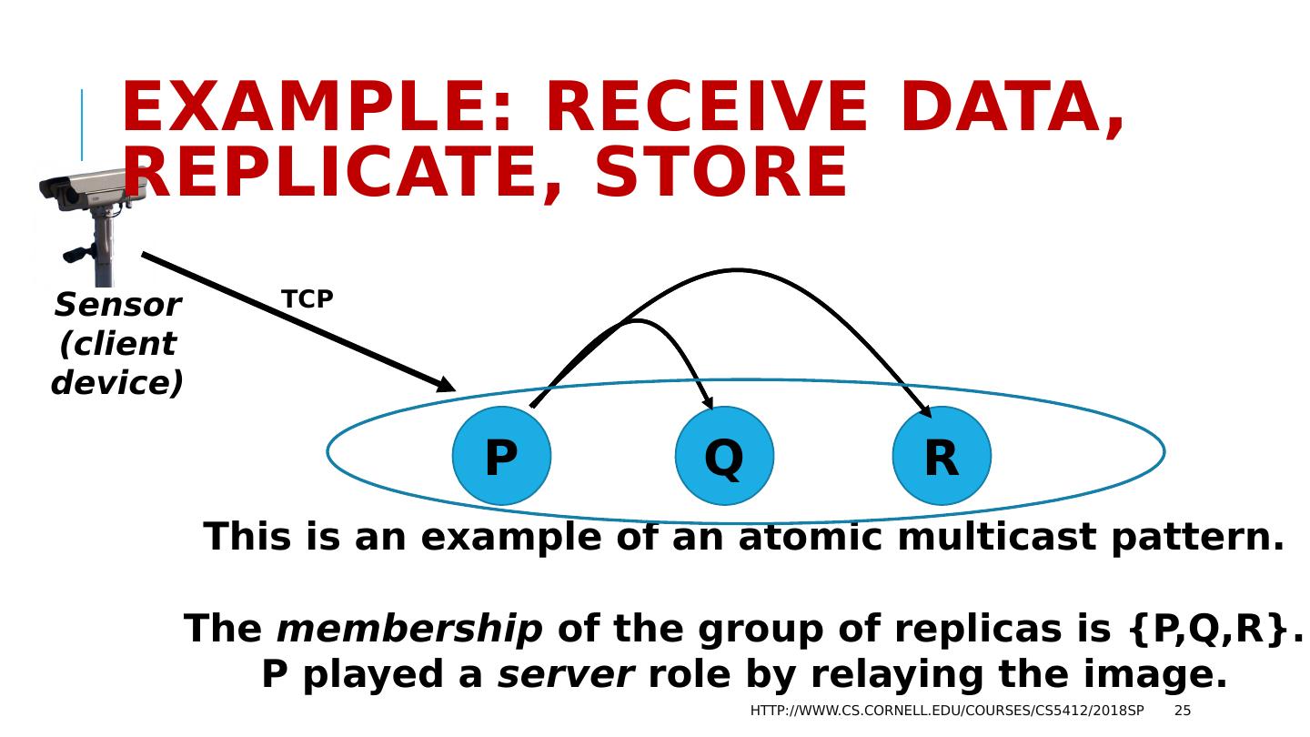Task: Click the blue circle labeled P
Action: click(x=501, y=456)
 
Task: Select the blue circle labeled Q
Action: click(x=724, y=456)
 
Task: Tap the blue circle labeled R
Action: click(x=942, y=456)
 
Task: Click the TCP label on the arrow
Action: click(x=307, y=299)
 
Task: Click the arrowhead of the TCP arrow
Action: click(x=446, y=387)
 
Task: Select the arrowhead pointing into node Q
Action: click(x=707, y=403)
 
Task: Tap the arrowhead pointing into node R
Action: click(x=925, y=411)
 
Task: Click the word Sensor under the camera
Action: click(x=117, y=306)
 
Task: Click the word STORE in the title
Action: click(x=720, y=173)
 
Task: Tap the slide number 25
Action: click(x=1182, y=711)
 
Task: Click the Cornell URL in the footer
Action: click(x=947, y=711)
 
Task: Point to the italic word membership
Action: click(x=408, y=629)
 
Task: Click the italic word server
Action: click(x=565, y=675)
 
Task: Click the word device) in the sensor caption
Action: click(x=117, y=383)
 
